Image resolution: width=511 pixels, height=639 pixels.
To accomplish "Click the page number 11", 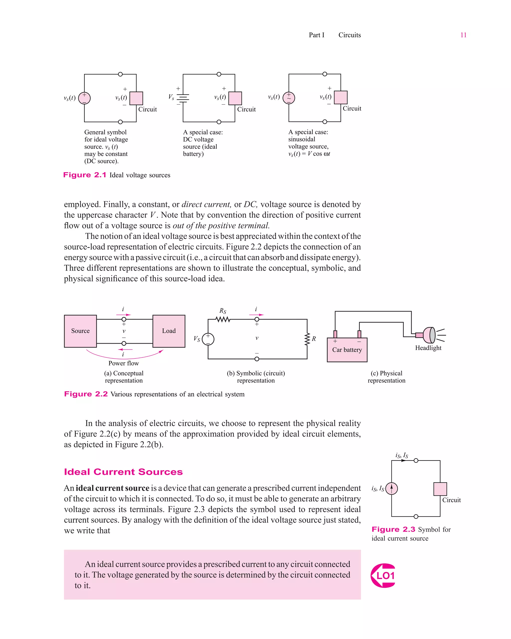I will coord(463,35).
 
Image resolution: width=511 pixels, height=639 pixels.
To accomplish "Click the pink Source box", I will coord(80,331).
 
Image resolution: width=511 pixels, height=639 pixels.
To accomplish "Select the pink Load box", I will coord(169,331).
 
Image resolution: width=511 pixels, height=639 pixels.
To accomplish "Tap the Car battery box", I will coord(347,350).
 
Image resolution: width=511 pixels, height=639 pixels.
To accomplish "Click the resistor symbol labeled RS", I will coord(223,319).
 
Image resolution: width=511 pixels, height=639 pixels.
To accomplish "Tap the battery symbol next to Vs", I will coord(183,98).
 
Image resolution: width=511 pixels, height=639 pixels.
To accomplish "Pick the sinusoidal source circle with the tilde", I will coord(289,98).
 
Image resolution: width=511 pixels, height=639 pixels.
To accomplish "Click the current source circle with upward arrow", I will coord(391,488).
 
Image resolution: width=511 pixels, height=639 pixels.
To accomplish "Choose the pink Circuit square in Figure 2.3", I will coord(440,489).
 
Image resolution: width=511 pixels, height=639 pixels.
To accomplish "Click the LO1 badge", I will coord(383,576).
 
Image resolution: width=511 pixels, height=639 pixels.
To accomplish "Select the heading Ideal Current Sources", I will coord(123,472).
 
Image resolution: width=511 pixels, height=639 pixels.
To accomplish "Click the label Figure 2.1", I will coord(85,175).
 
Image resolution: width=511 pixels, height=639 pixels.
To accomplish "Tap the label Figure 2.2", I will coord(86,394).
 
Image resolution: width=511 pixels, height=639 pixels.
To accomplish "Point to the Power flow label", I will coord(124,363).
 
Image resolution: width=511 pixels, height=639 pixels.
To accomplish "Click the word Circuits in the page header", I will coord(350,35).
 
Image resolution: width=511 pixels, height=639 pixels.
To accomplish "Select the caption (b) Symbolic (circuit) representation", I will coord(256,377).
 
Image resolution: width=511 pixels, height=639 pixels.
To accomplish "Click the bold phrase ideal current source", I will coord(113,488).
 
